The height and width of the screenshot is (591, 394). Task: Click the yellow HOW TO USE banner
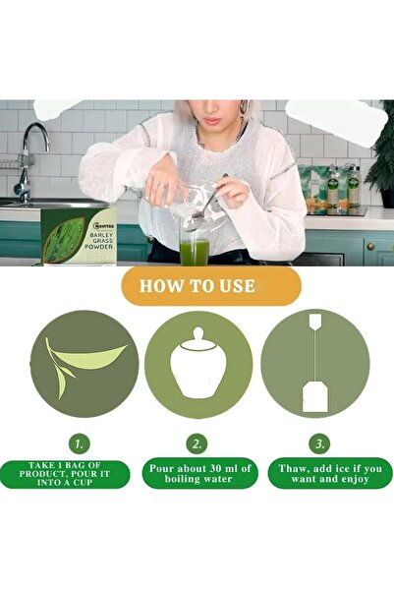pos(197,286)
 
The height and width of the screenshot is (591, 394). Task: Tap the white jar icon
pos(197,366)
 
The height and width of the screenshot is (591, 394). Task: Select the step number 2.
pos(197,443)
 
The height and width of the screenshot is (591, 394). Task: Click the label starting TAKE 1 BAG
pos(78,474)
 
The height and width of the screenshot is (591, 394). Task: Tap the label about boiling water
pos(197,474)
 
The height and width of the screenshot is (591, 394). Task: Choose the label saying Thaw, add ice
pos(316,474)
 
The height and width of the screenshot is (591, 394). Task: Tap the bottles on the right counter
pos(334,189)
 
